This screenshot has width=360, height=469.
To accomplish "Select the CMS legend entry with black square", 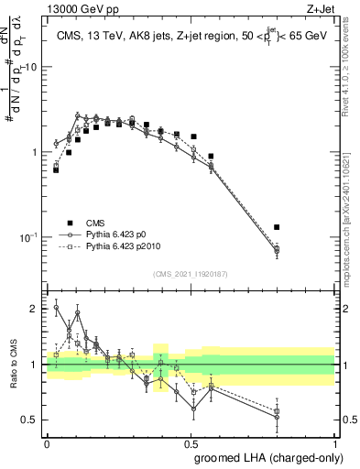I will pos(70,223).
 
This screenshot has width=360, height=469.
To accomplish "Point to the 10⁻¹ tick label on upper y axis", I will pos(28,236).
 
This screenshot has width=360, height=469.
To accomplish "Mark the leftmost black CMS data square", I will pos(56,169).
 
